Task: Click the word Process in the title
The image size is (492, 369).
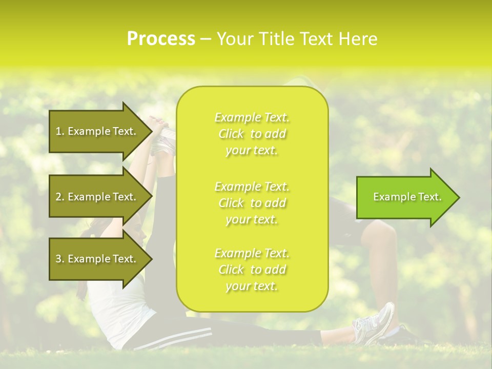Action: [161, 39]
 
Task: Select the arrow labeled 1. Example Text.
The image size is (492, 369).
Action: [97, 131]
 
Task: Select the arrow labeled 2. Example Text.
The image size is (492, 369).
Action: [97, 197]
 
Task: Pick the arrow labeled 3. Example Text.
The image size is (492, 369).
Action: [97, 259]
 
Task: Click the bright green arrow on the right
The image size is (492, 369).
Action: [405, 197]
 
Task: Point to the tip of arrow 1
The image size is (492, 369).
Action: [151, 131]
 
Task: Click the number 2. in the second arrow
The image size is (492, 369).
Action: [60, 197]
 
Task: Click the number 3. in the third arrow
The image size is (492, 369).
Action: [60, 259]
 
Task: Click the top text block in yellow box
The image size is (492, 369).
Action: [252, 134]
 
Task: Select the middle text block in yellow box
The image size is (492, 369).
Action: [252, 203]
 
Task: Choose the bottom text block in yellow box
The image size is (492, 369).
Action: [252, 270]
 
